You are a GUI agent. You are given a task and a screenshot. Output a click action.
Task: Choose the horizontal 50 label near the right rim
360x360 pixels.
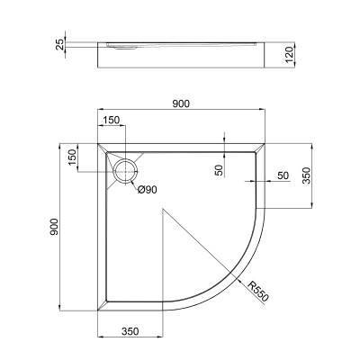pos(282,175)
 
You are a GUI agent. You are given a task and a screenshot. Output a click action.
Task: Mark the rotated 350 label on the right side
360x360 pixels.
pos(307,175)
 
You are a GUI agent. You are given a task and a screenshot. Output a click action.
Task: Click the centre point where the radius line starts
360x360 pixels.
pos(163,211)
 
